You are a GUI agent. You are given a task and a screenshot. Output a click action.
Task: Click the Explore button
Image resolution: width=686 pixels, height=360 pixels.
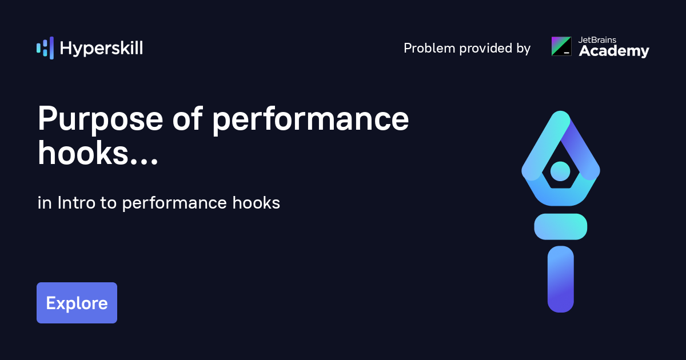77,303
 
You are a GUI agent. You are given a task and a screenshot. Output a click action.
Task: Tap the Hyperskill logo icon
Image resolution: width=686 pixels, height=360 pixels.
45,48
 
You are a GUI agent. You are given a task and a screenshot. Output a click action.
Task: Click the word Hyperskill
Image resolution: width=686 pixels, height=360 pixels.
101,49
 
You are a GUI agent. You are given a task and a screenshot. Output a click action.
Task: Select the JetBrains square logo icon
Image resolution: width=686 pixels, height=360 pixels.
561,46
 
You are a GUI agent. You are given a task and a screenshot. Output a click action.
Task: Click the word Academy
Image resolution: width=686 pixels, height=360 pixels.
614,51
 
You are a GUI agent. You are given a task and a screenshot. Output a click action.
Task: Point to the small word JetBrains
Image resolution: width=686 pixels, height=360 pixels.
597,40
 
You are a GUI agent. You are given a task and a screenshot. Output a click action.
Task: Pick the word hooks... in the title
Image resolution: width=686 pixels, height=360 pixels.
98,153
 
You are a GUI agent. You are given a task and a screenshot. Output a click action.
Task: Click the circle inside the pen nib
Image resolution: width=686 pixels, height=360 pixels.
560,170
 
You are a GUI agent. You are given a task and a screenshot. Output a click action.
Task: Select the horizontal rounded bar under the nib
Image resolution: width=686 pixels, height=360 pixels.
560,226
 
